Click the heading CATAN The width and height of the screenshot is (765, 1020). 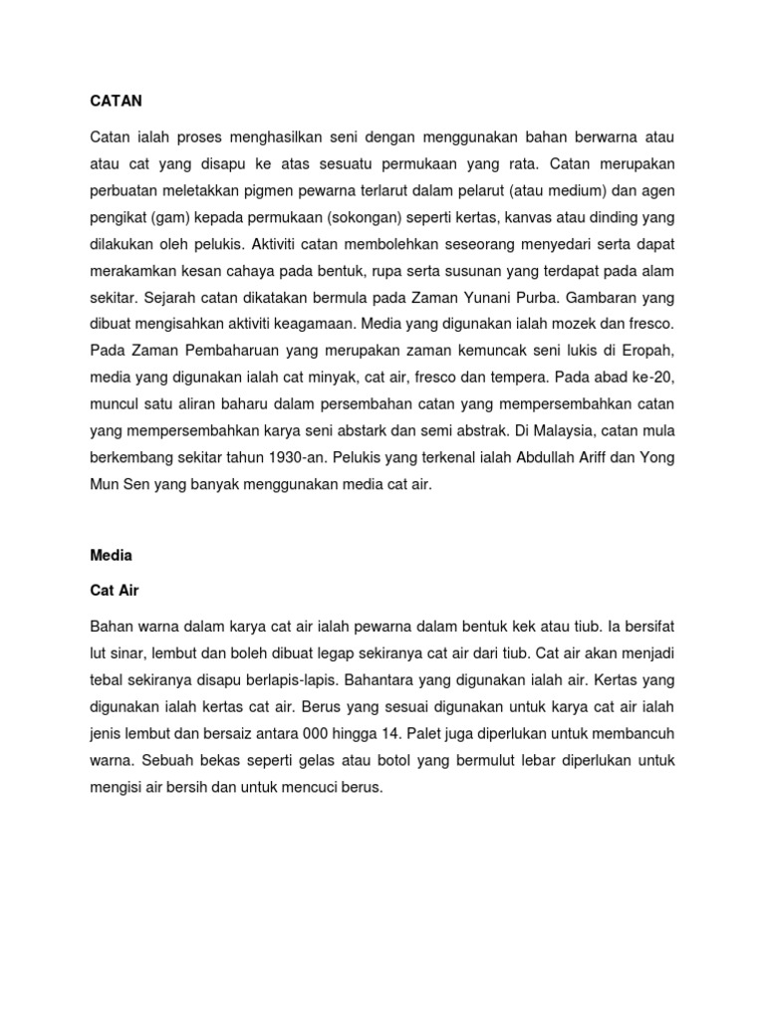(117, 101)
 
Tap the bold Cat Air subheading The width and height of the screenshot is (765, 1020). (115, 591)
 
